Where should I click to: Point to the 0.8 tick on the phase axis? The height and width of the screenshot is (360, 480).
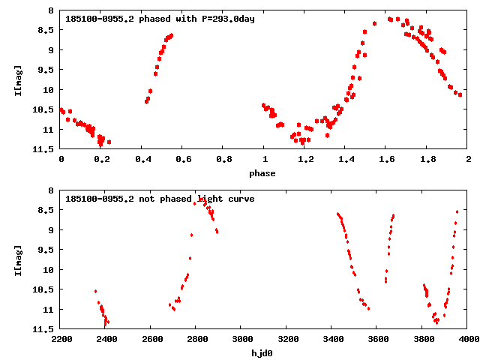click(x=223, y=159)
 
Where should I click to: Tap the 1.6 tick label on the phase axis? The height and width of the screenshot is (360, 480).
click(x=386, y=159)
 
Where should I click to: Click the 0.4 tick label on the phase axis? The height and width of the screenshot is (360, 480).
click(x=142, y=159)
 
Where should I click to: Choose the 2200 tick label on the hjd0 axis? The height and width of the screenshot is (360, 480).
click(x=61, y=339)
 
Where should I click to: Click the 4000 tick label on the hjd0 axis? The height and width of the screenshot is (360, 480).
click(x=468, y=339)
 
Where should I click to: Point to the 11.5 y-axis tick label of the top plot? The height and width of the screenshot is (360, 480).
click(x=44, y=149)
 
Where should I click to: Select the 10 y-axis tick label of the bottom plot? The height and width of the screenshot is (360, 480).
click(x=49, y=270)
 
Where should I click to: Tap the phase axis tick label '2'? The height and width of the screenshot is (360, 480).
click(x=468, y=159)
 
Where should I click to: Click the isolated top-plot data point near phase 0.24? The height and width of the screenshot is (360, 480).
click(x=109, y=142)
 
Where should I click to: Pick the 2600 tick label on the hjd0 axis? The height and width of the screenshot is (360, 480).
click(x=151, y=339)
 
